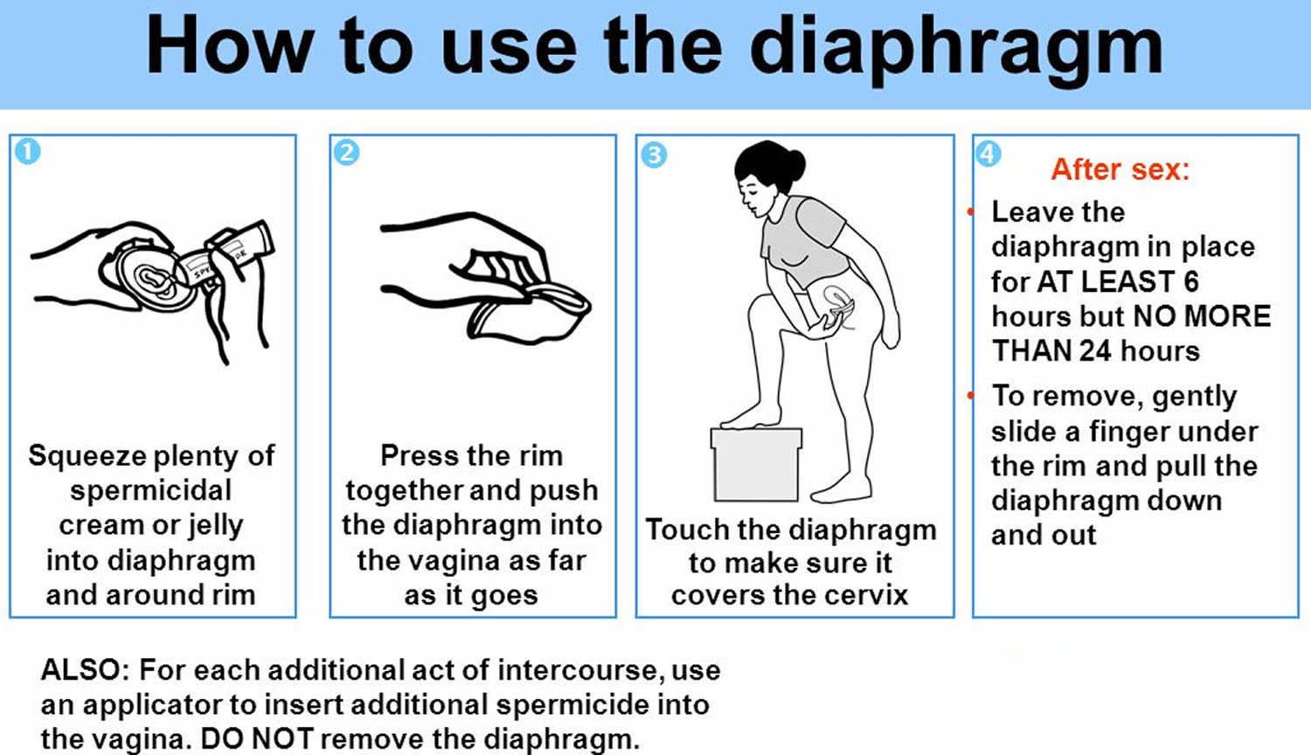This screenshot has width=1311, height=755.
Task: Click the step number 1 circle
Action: pyautogui.click(x=27, y=151)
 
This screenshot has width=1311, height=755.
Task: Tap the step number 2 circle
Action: pyautogui.click(x=346, y=153)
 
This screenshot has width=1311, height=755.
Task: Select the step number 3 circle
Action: pyautogui.click(x=654, y=155)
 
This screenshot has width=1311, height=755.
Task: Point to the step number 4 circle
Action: pyautogui.click(x=988, y=154)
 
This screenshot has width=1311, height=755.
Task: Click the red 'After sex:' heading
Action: pyautogui.click(x=1120, y=170)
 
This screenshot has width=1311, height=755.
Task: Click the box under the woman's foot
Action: pyautogui.click(x=756, y=464)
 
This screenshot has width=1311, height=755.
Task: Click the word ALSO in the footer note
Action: pyautogui.click(x=80, y=670)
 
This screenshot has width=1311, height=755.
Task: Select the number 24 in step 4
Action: pyautogui.click(x=1095, y=351)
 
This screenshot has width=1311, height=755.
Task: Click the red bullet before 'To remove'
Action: pyautogui.click(x=970, y=396)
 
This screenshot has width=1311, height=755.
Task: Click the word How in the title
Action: pyautogui.click(x=230, y=45)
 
